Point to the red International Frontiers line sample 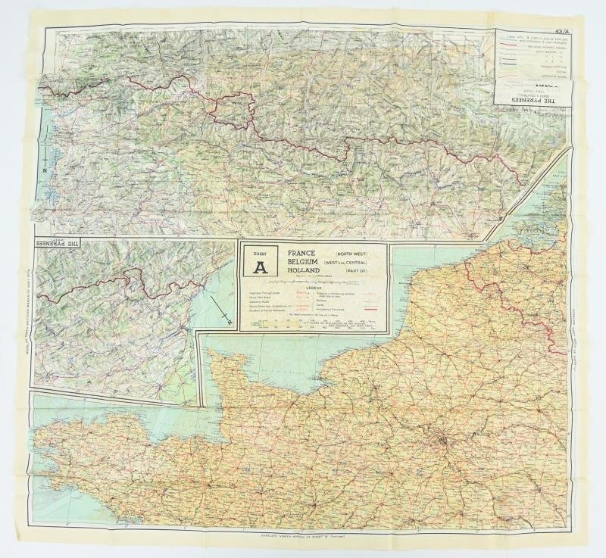click(x=369, y=308)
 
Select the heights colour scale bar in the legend click(x=314, y=323)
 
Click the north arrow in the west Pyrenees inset click(x=222, y=312)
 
